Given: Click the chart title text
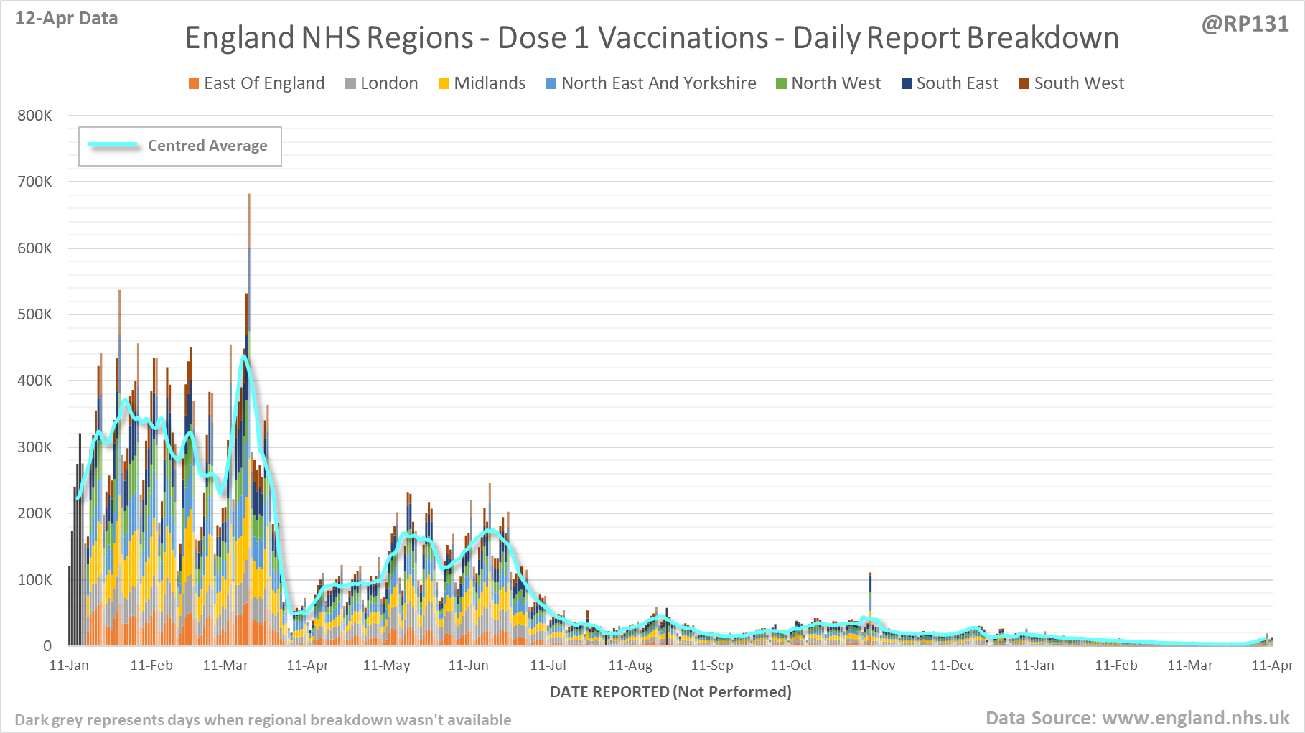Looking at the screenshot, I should [x=652, y=38].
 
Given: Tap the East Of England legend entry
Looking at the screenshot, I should [x=257, y=83].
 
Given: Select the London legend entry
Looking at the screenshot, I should [x=382, y=83].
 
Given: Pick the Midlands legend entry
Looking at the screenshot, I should [x=482, y=83].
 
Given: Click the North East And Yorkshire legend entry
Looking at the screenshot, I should [x=652, y=83].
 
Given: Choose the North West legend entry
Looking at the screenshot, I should [x=829, y=83].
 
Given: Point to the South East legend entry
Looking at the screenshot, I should [x=950, y=83].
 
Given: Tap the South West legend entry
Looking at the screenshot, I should [x=1072, y=83].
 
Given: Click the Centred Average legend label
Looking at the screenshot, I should [x=207, y=146].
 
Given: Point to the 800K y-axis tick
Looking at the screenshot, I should [x=34, y=116].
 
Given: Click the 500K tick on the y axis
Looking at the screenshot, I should [x=34, y=314].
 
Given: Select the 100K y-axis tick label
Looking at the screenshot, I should [x=34, y=579].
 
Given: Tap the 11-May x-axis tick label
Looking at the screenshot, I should [x=386, y=666].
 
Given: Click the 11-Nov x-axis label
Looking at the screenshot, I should [x=873, y=666].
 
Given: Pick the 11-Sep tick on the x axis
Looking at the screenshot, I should [x=712, y=666].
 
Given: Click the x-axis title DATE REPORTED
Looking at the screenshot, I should [x=670, y=691].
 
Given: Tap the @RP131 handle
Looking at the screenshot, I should [x=1245, y=24].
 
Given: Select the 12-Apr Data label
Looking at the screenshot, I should [x=66, y=19].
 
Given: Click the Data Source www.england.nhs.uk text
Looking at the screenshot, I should [x=1137, y=718].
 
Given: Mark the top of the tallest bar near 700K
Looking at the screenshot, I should [x=249, y=195].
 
